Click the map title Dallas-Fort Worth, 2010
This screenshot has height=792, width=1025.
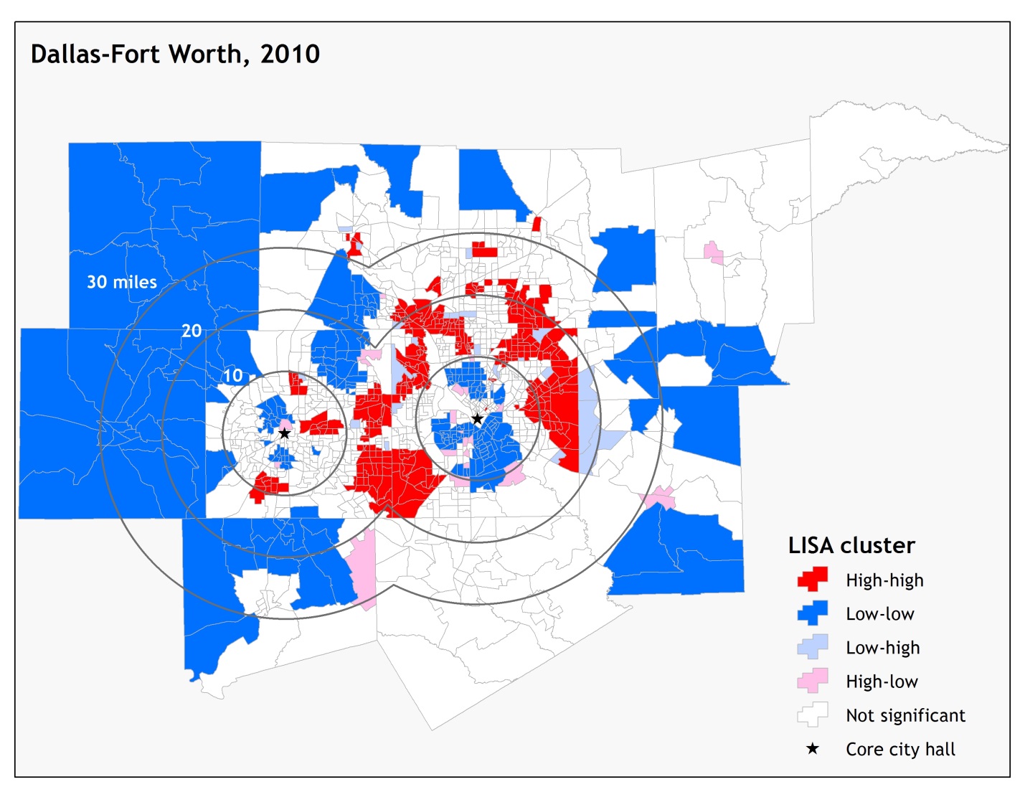click(175, 55)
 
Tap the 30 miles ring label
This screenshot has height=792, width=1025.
click(122, 282)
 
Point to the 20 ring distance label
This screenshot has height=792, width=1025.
click(192, 331)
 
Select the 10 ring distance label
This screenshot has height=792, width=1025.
click(232, 375)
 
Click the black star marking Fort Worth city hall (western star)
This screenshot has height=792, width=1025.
click(285, 433)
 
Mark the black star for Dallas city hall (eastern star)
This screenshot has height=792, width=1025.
click(477, 419)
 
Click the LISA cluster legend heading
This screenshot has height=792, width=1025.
click(851, 545)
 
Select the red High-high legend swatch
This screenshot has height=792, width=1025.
click(813, 579)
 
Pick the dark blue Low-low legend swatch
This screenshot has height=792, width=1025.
click(813, 613)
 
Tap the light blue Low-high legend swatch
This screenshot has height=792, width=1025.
click(813, 646)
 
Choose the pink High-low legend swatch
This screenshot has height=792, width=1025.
click(813, 680)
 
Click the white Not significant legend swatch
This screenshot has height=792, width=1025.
click(813, 715)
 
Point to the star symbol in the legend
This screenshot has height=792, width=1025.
click(813, 749)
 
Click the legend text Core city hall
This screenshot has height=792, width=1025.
click(900, 750)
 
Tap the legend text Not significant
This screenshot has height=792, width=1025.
click(905, 715)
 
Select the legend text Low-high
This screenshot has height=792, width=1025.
click(882, 648)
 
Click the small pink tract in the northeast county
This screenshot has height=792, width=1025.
click(713, 253)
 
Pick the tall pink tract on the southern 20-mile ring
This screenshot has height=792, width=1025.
click(364, 567)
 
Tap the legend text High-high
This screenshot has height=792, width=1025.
click(884, 580)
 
